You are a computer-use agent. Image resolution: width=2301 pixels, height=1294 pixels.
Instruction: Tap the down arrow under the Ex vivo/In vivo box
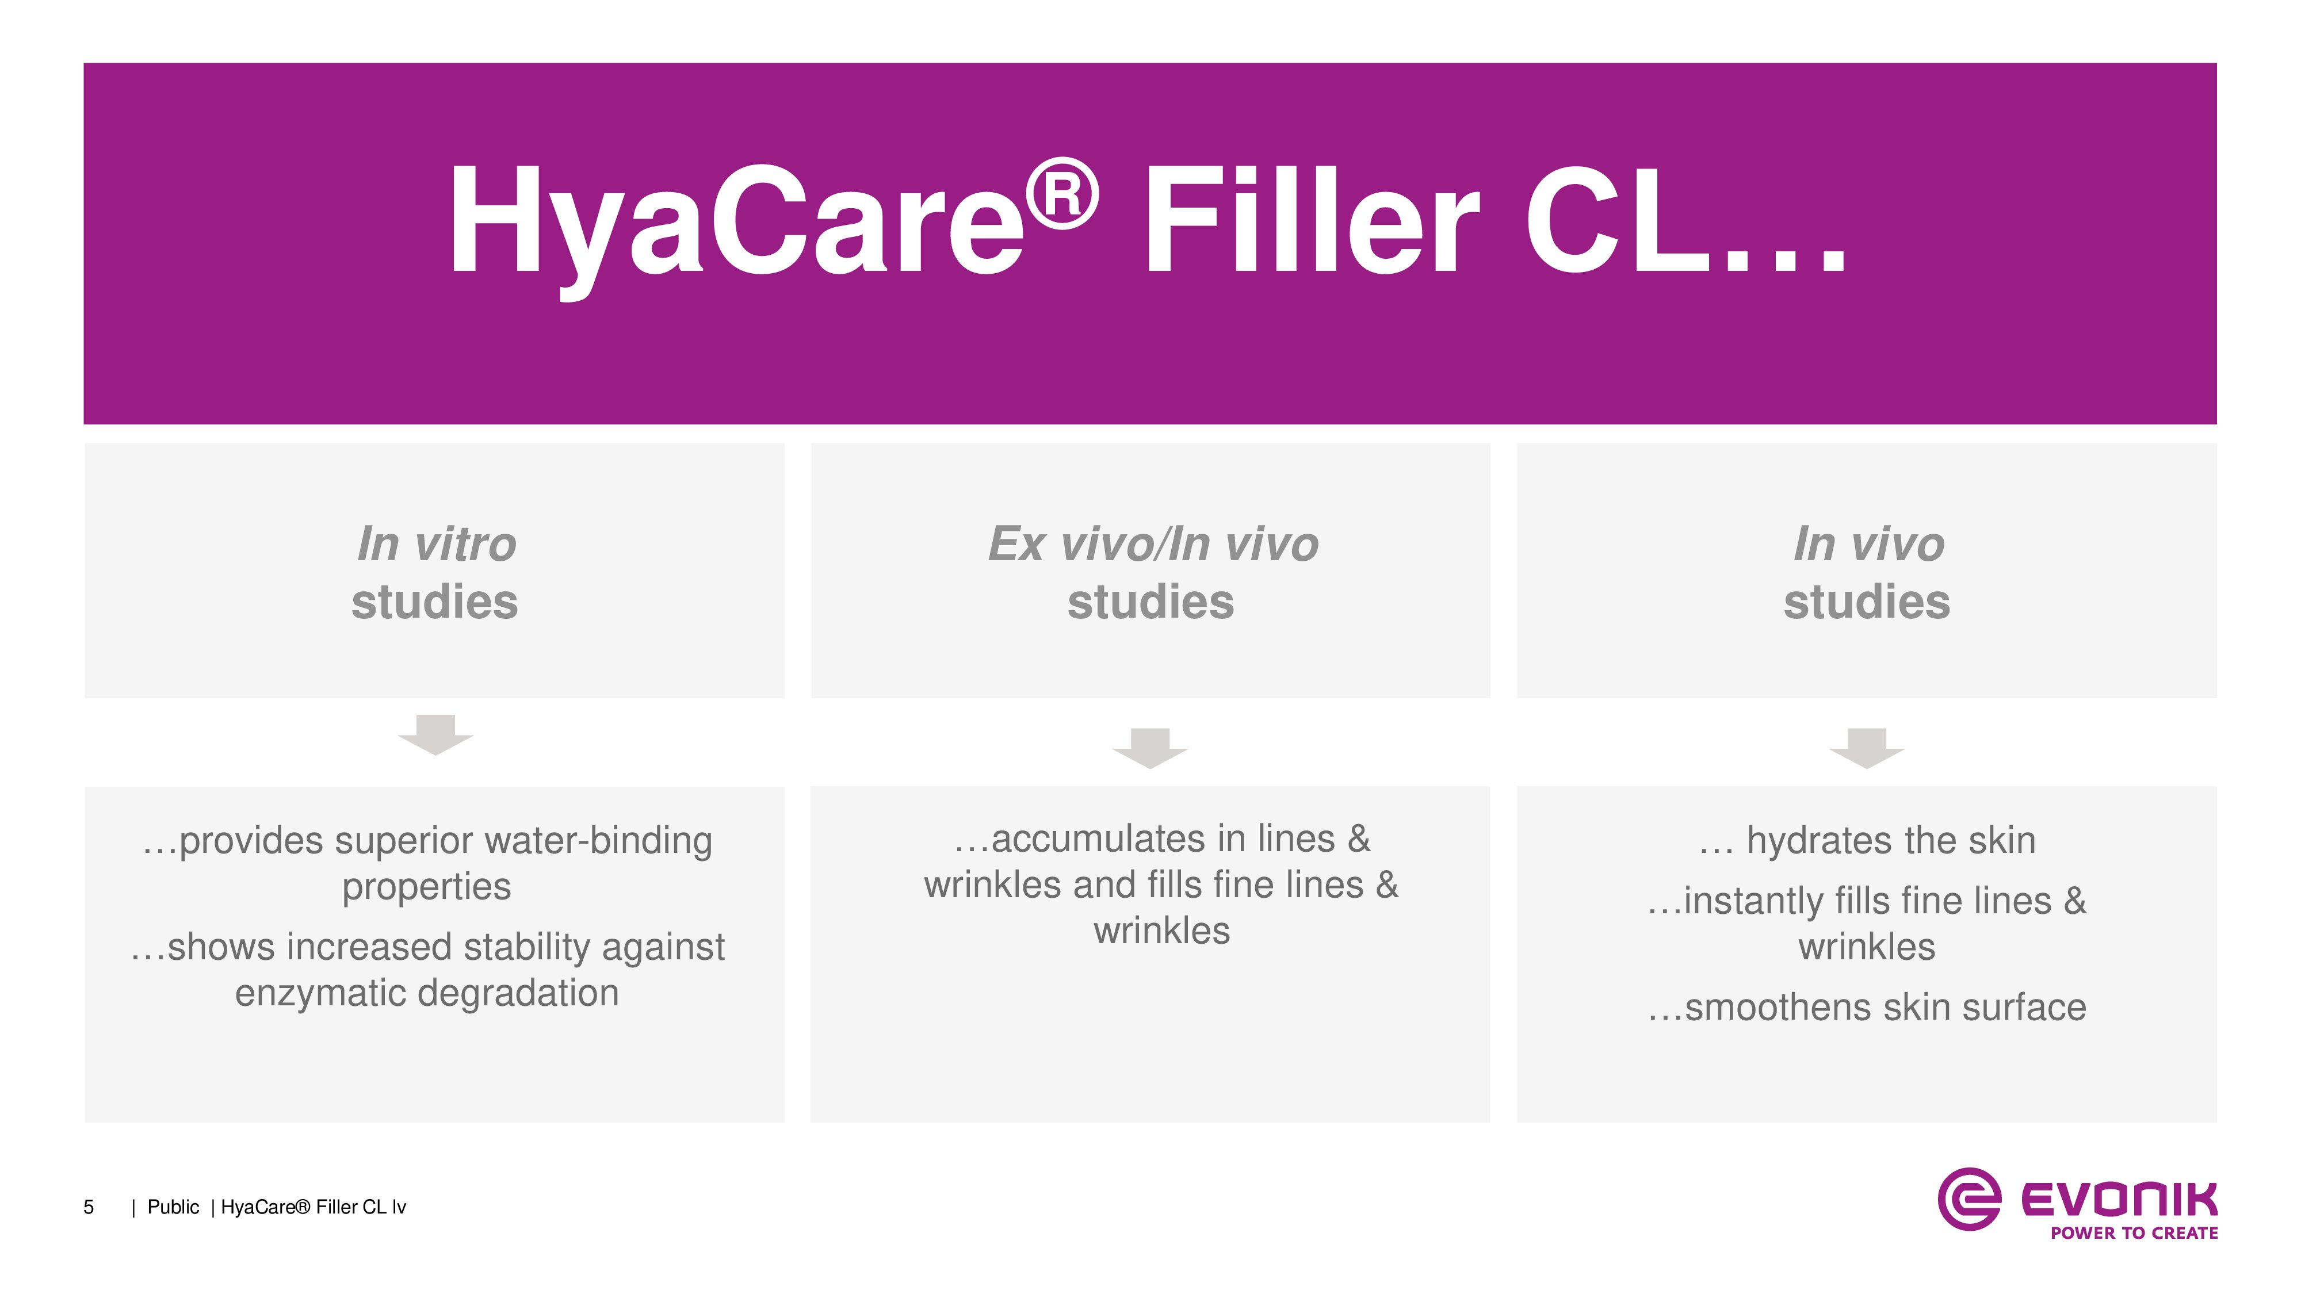[1149, 748]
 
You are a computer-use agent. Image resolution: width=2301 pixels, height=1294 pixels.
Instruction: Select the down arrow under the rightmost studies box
[1867, 748]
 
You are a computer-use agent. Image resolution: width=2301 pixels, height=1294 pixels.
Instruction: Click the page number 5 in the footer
[89, 1207]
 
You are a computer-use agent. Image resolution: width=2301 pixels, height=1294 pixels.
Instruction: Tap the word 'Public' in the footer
[173, 1207]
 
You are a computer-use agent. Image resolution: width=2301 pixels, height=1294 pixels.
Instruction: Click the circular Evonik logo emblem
[1968, 1199]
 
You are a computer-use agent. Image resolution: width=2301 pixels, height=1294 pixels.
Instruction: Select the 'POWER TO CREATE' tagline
[2134, 1233]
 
